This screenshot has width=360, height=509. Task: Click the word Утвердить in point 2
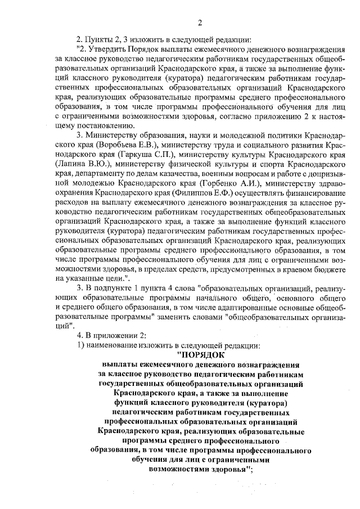pyautogui.click(x=105, y=49)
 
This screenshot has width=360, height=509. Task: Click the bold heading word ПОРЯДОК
pyautogui.click(x=201, y=355)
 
